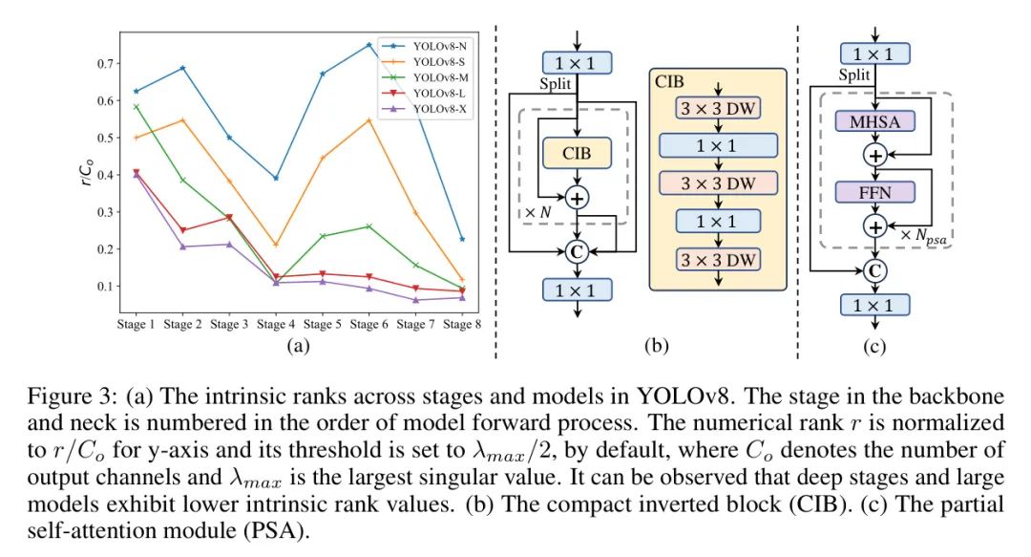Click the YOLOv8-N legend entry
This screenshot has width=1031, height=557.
(440, 45)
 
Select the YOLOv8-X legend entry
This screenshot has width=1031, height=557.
(440, 110)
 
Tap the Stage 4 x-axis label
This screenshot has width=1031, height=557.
(275, 325)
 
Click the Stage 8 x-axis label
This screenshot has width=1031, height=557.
(462, 325)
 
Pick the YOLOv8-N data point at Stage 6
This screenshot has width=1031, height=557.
(368, 44)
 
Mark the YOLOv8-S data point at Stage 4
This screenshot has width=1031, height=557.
(275, 245)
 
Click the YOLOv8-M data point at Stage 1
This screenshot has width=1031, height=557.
(136, 107)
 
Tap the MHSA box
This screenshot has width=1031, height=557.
(873, 121)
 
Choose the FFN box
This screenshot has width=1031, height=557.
(873, 191)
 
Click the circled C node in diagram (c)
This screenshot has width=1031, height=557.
(873, 270)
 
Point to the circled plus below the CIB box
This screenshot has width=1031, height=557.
(577, 197)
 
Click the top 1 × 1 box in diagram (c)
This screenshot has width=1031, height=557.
(873, 54)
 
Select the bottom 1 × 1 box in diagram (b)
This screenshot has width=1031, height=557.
(577, 289)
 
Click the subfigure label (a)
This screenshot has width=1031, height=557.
(299, 347)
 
